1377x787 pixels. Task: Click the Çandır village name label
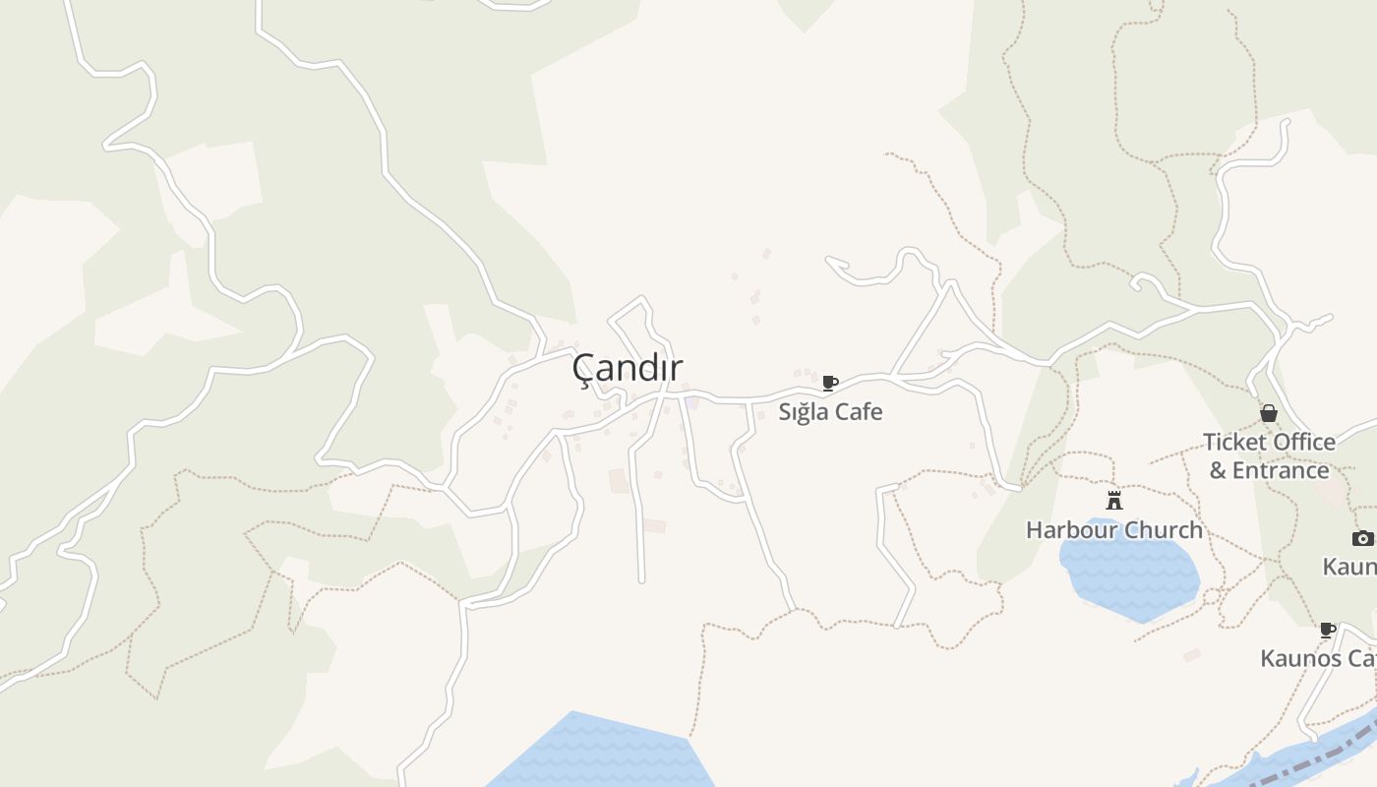pyautogui.click(x=628, y=368)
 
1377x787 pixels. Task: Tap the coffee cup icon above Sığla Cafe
pyautogui.click(x=829, y=383)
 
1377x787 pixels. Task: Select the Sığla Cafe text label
pyautogui.click(x=830, y=411)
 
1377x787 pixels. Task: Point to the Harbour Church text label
pyautogui.click(x=1113, y=529)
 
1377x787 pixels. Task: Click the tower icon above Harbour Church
pyautogui.click(x=1114, y=500)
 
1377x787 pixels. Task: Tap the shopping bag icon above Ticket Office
pyautogui.click(x=1269, y=413)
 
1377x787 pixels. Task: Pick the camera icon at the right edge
pyautogui.click(x=1362, y=538)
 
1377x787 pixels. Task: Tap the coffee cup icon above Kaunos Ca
pyautogui.click(x=1327, y=630)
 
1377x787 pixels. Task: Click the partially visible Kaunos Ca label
pyautogui.click(x=1318, y=658)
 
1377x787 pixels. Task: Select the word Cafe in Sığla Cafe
pyautogui.click(x=859, y=411)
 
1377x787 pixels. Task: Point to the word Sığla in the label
pyautogui.click(x=804, y=411)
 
